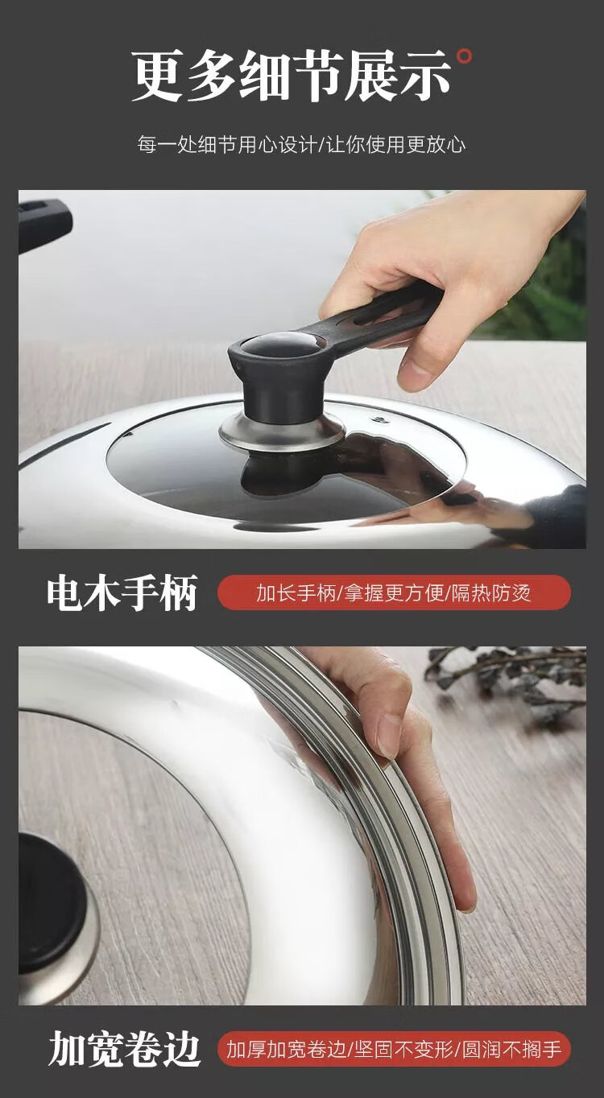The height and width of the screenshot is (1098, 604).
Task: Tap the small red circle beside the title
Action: click(x=464, y=56)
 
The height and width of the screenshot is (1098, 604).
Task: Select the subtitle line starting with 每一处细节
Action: click(x=301, y=145)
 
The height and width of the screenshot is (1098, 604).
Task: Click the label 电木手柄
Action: click(x=122, y=593)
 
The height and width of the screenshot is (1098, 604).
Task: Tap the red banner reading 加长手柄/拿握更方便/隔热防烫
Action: click(x=394, y=592)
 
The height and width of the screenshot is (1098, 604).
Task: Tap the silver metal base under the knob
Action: click(x=282, y=432)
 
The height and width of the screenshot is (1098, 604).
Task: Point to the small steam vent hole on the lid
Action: click(x=379, y=419)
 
